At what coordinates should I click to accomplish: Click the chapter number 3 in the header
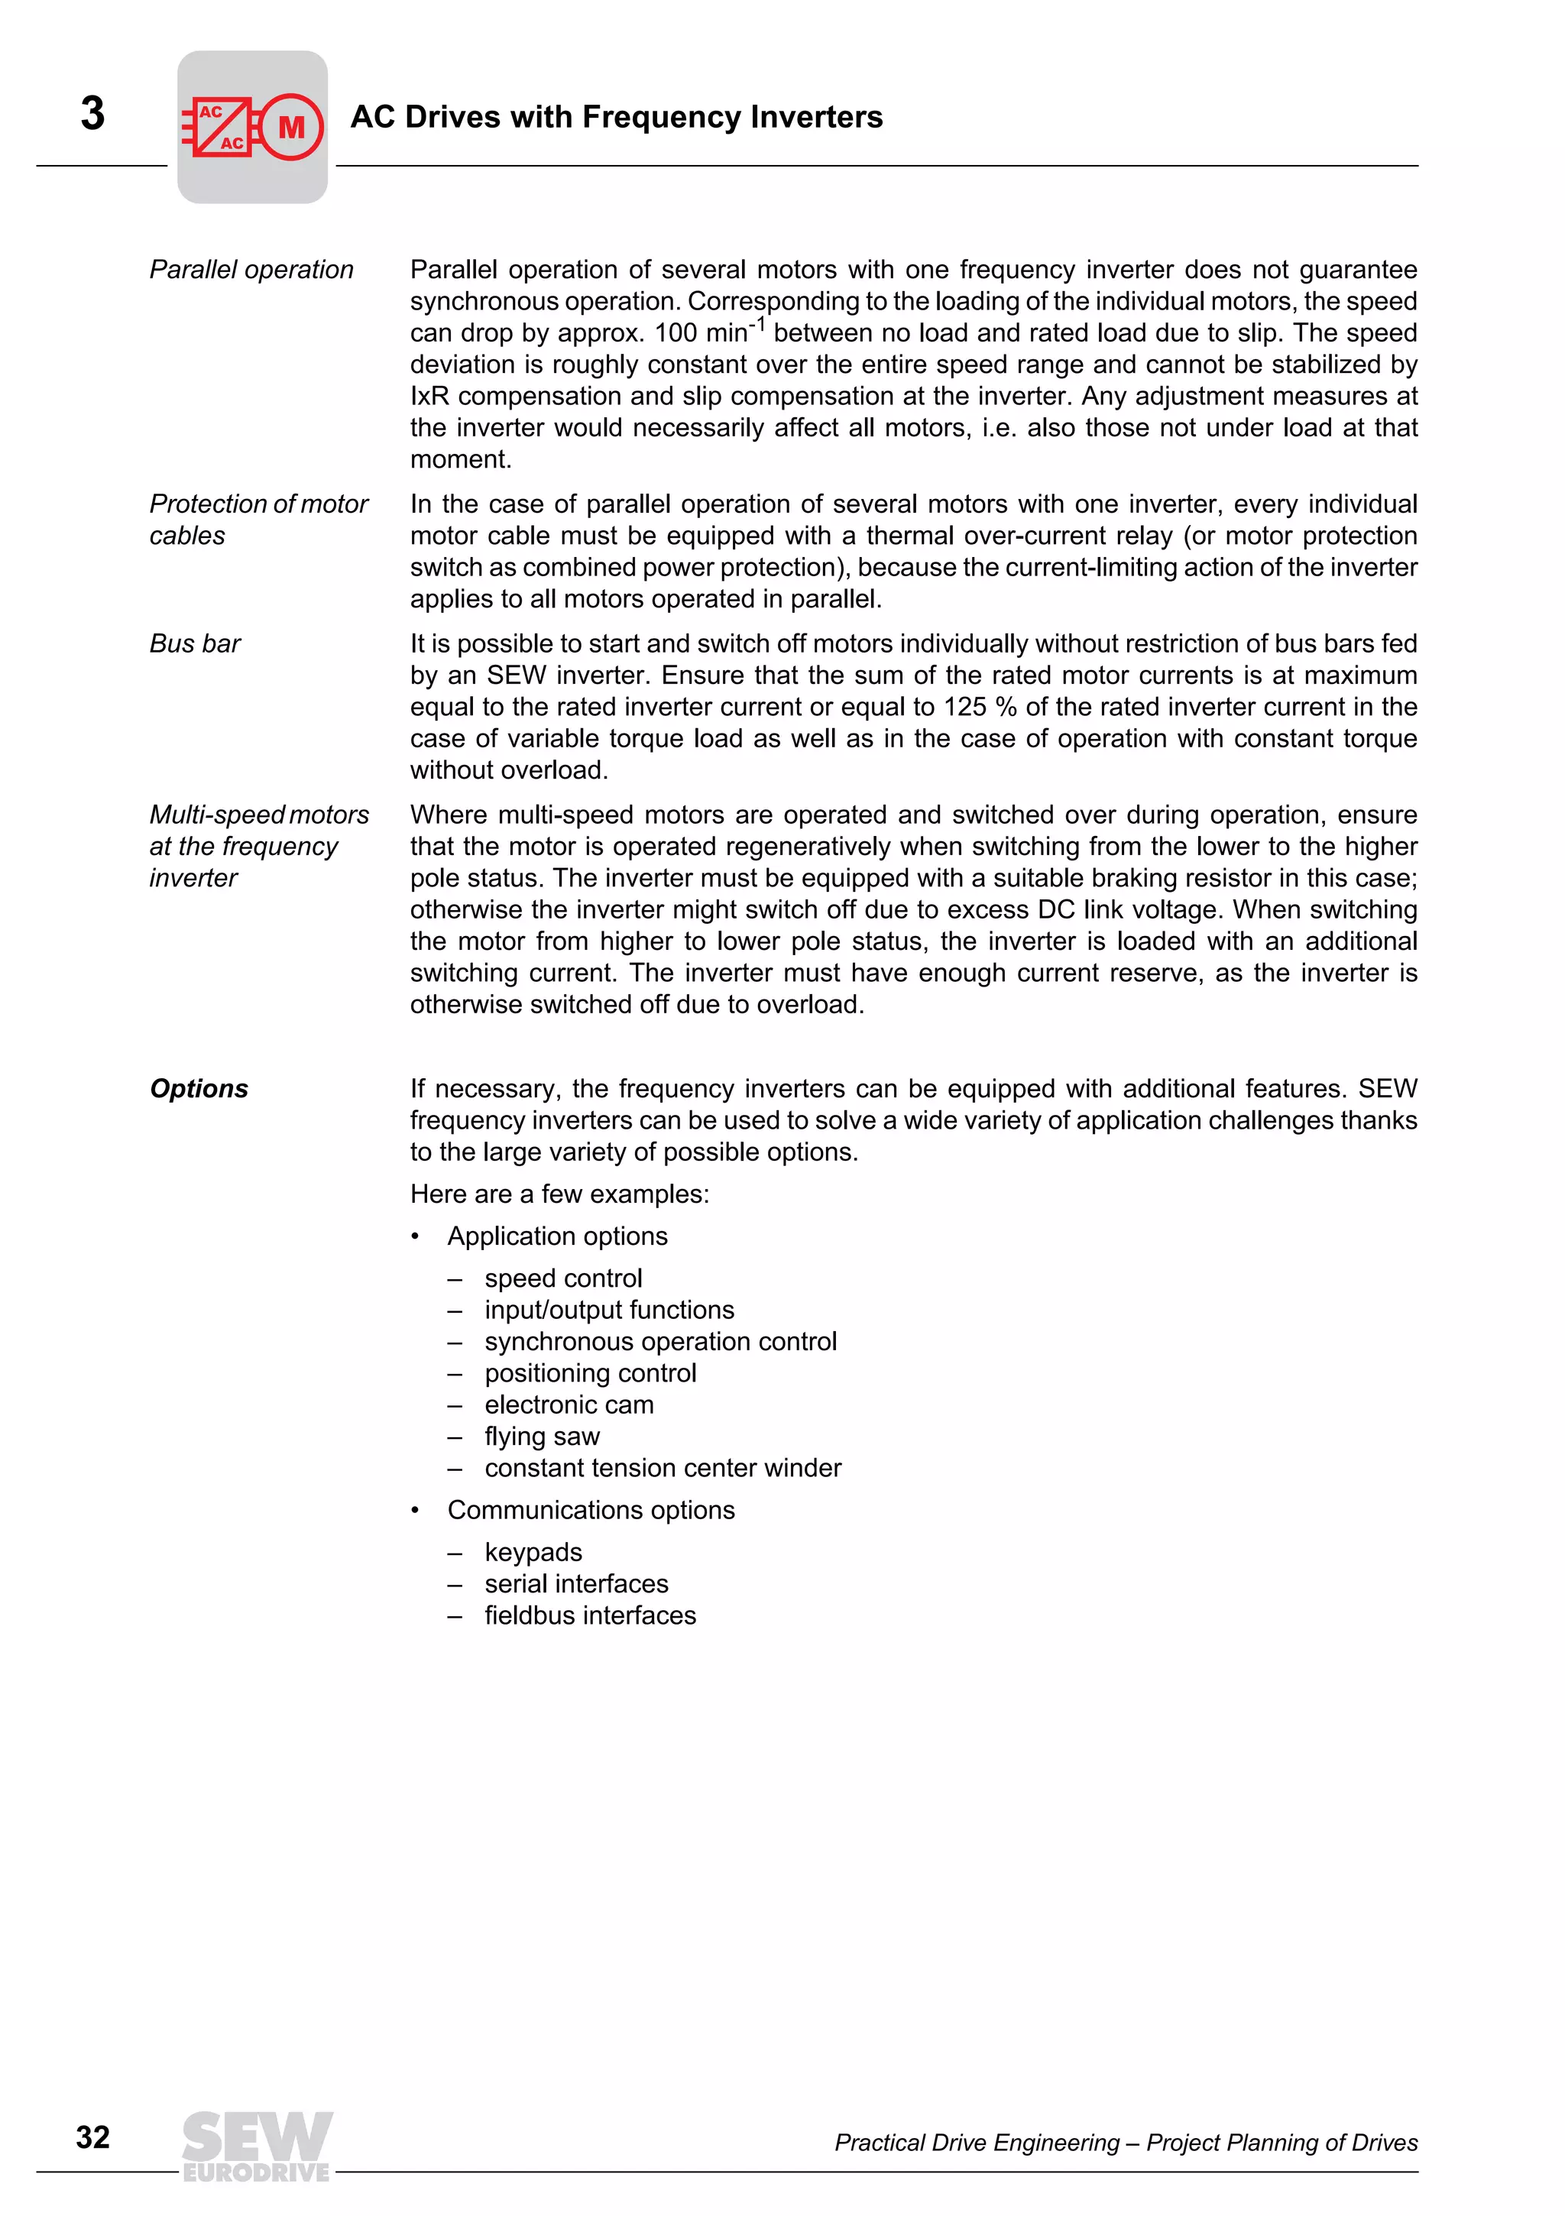point(92,114)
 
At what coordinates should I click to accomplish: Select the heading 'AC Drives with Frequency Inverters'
point(616,117)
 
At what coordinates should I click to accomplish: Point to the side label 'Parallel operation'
point(251,269)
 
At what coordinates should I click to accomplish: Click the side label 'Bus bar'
point(195,643)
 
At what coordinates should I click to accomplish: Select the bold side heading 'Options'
point(199,1089)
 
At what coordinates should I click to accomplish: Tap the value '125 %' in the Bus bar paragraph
point(980,708)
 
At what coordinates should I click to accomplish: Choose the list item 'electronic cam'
point(569,1404)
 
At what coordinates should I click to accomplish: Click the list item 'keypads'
point(533,1552)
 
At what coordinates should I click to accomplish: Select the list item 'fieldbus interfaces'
point(590,1615)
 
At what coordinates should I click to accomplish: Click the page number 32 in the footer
point(92,2137)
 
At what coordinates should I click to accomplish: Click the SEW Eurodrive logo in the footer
point(257,2145)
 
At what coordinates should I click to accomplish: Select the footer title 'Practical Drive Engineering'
point(977,2143)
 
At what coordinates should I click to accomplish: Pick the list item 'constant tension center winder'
point(663,1468)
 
